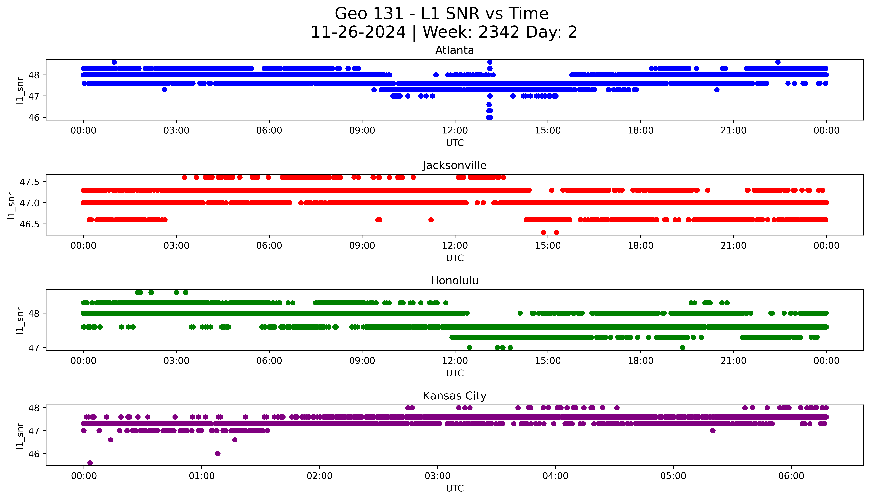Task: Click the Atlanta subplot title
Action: (x=454, y=50)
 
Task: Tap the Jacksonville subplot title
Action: (x=454, y=166)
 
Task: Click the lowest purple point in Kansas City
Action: (x=90, y=463)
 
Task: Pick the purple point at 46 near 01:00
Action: (x=218, y=453)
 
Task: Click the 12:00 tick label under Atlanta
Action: (x=455, y=131)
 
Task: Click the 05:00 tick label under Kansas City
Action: (x=673, y=476)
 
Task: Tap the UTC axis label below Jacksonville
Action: (x=455, y=258)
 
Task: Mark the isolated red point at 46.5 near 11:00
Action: (x=431, y=220)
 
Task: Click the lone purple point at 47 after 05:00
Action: (x=713, y=431)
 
